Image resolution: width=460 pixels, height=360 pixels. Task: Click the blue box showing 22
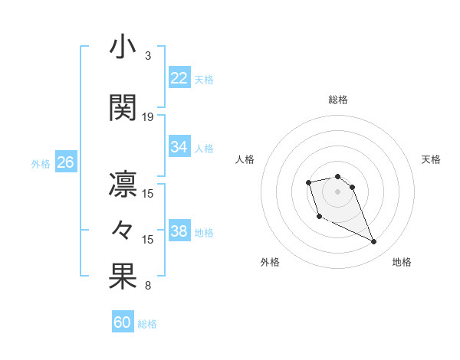point(179,78)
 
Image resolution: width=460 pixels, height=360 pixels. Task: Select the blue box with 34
point(179,147)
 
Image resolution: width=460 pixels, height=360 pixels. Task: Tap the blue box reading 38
point(179,231)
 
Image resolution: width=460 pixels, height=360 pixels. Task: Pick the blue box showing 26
point(65,162)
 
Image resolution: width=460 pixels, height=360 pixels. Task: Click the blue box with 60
point(123,322)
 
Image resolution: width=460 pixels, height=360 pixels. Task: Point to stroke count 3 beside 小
point(147,56)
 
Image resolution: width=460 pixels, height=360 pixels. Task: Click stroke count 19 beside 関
point(148,117)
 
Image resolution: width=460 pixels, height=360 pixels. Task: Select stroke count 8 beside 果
point(147,286)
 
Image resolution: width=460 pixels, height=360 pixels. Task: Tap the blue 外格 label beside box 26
point(41,163)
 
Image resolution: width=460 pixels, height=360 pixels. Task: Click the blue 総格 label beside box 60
point(147,324)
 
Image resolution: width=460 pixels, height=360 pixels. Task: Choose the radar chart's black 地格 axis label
point(402,262)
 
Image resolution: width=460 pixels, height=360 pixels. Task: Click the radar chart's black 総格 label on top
point(337,100)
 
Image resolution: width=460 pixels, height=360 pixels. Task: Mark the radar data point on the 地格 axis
point(374,242)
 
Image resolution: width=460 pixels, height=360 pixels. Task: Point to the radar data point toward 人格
point(308,182)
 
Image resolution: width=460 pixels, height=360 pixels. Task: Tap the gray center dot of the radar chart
point(337,191)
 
